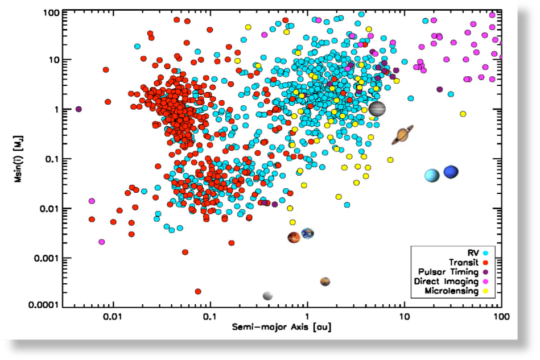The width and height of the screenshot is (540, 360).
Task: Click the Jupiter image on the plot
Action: [x=377, y=109]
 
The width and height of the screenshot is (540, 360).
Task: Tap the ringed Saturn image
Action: [x=402, y=135]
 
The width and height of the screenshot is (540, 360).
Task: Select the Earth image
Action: [x=308, y=233]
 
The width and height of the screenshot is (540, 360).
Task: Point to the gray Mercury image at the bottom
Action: [x=267, y=295]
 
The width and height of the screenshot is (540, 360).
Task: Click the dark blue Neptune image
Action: [x=451, y=171]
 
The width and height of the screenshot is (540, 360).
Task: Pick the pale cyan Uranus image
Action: [x=432, y=176]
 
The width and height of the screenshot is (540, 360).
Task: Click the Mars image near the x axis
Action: [x=325, y=281]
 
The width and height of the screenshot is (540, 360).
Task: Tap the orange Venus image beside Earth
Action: [x=294, y=237]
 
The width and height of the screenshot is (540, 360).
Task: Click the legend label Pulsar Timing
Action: [x=449, y=272]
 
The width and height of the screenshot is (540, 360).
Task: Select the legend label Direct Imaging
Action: [x=448, y=282]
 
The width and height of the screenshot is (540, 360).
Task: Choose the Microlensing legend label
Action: [x=452, y=291]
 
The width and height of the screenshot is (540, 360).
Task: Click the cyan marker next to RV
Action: [x=485, y=253]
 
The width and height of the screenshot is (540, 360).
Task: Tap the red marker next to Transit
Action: [x=485, y=262]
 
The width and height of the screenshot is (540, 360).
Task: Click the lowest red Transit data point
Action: [x=198, y=291]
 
